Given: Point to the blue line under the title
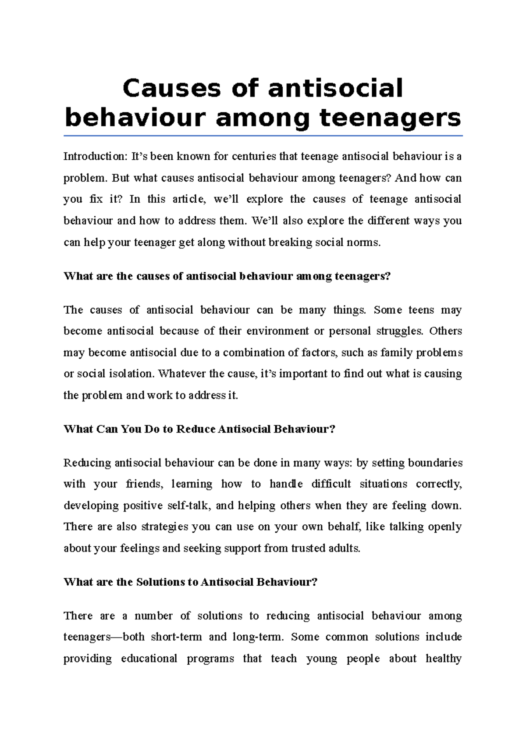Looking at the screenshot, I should [263, 136].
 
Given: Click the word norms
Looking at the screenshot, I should [366, 242].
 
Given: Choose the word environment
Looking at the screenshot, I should [277, 331].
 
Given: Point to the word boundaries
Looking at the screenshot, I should [435, 463].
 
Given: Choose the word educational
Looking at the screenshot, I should [149, 659].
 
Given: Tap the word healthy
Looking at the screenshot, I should [443, 659].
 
